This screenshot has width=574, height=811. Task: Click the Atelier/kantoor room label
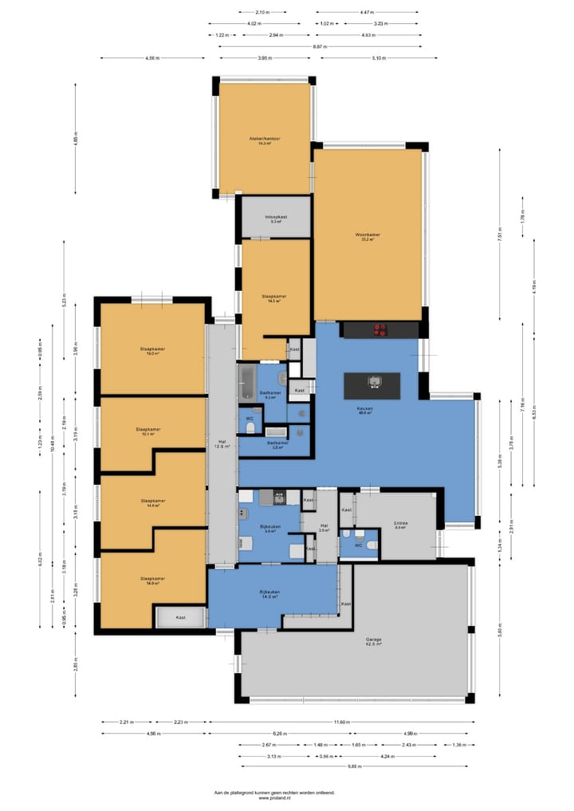[x=265, y=141]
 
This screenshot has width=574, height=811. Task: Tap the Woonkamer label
[x=368, y=235]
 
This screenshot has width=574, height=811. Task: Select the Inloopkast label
[x=277, y=218]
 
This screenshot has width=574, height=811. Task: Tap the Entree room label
[x=400, y=525]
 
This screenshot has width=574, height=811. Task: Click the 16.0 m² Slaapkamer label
[x=151, y=351]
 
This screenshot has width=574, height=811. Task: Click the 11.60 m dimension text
[x=341, y=722]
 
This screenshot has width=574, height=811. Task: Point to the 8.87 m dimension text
[x=320, y=46]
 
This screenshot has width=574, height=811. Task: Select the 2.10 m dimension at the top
[x=262, y=12]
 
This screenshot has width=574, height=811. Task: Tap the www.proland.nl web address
[x=274, y=797]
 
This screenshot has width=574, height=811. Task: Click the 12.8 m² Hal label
[x=222, y=445]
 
